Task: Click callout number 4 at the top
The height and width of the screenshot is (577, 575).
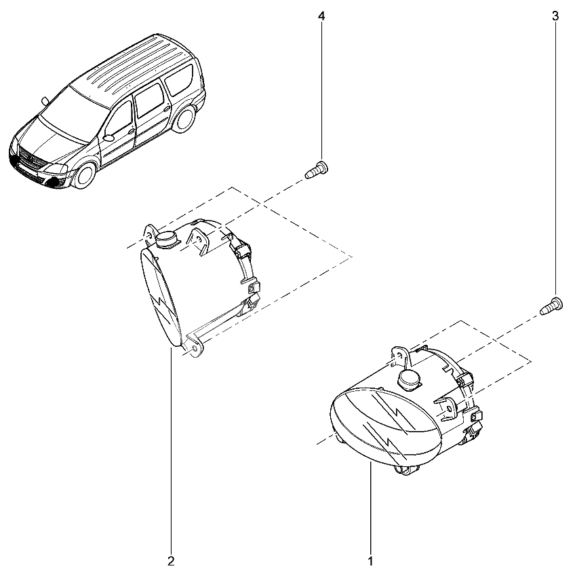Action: click(x=321, y=16)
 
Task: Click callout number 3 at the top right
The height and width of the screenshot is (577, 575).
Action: click(x=555, y=16)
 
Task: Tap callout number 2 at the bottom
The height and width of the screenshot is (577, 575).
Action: click(x=171, y=561)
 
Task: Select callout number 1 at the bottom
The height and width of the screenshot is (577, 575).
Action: click(x=371, y=561)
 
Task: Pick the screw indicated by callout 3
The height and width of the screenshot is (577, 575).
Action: click(x=551, y=306)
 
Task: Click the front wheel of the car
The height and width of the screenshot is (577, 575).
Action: click(x=85, y=176)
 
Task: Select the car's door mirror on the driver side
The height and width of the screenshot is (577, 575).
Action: click(x=109, y=138)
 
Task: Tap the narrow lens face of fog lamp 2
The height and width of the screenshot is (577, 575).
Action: click(x=161, y=297)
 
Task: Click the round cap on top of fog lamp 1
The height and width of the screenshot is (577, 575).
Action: click(x=409, y=378)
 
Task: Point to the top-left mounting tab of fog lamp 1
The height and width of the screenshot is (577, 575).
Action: click(x=399, y=356)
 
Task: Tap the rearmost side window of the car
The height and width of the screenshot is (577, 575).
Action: click(x=179, y=80)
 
